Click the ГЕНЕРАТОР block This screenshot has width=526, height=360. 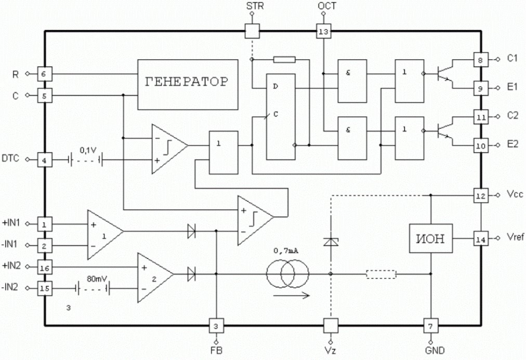(188, 85)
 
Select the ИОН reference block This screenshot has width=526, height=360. (431, 238)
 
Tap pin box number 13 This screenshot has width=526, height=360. (324, 32)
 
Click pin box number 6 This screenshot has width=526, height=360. (44, 73)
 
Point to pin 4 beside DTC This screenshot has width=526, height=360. (44, 160)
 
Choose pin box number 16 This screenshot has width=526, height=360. (44, 268)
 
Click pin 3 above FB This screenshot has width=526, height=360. (216, 326)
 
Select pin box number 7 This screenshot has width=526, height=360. (431, 326)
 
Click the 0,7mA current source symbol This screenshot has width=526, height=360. (287, 274)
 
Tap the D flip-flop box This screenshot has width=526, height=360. (281, 117)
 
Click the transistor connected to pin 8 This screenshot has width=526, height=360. (444, 73)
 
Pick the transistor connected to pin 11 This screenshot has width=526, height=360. (444, 131)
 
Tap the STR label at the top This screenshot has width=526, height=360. (255, 6)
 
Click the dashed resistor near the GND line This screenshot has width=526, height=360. (381, 274)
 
